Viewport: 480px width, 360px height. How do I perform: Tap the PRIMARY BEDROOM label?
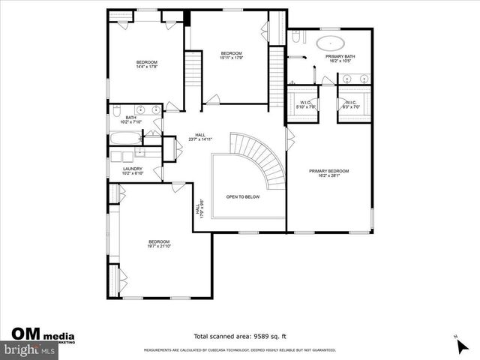point(328,171)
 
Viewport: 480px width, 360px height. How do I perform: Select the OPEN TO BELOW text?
point(243,197)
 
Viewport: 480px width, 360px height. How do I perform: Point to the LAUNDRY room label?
point(132,169)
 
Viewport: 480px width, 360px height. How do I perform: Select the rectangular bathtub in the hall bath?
point(124,138)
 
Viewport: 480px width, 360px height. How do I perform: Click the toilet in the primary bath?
point(296,37)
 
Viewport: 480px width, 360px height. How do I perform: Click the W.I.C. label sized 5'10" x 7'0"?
point(305,106)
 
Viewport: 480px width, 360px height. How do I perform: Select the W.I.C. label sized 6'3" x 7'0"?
point(352,106)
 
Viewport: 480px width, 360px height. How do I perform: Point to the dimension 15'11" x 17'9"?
point(229,58)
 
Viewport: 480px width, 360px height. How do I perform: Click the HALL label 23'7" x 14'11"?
point(200,136)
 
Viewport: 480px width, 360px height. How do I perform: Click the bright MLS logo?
point(28,350)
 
